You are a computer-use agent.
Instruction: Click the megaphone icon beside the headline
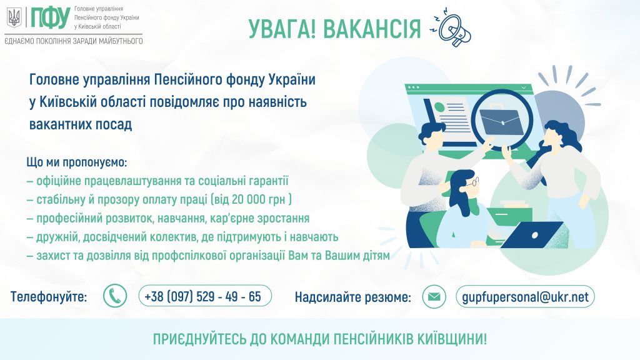[453, 27]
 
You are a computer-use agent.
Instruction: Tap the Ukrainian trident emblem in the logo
[14, 18]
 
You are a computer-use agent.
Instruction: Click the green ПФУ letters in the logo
[51, 18]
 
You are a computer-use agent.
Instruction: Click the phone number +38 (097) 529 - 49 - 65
[202, 296]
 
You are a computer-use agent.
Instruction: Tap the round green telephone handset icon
[115, 296]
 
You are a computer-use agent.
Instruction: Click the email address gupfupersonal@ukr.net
[525, 297]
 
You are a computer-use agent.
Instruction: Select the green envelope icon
[434, 296]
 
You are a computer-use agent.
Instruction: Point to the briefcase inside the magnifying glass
[501, 121]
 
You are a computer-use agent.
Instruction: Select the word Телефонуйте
[49, 297]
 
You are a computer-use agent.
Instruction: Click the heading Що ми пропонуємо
[77, 162]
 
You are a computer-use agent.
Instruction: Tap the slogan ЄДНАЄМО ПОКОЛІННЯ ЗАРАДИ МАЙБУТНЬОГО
[74, 41]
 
